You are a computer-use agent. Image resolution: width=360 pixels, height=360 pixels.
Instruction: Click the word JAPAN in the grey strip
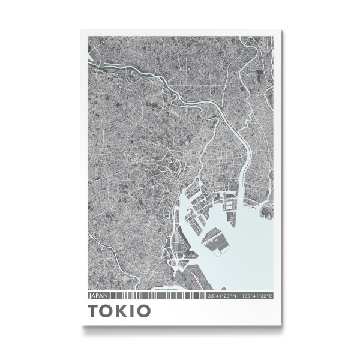point(97,296)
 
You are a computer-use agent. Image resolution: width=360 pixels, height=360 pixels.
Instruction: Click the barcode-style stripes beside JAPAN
point(156,296)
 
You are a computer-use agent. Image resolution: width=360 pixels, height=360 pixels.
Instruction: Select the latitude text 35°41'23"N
point(221,296)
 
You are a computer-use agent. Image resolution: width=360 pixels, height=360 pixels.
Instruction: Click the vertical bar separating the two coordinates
point(239,296)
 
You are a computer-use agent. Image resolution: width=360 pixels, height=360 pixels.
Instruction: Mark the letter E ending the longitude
point(271,296)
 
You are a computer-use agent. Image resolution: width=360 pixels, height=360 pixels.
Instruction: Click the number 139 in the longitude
point(245,296)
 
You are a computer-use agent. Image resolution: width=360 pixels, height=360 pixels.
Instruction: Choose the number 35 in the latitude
point(210,296)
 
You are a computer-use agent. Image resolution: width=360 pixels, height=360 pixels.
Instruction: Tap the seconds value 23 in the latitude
point(228,296)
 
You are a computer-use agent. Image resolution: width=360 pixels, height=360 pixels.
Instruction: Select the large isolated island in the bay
point(217,241)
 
